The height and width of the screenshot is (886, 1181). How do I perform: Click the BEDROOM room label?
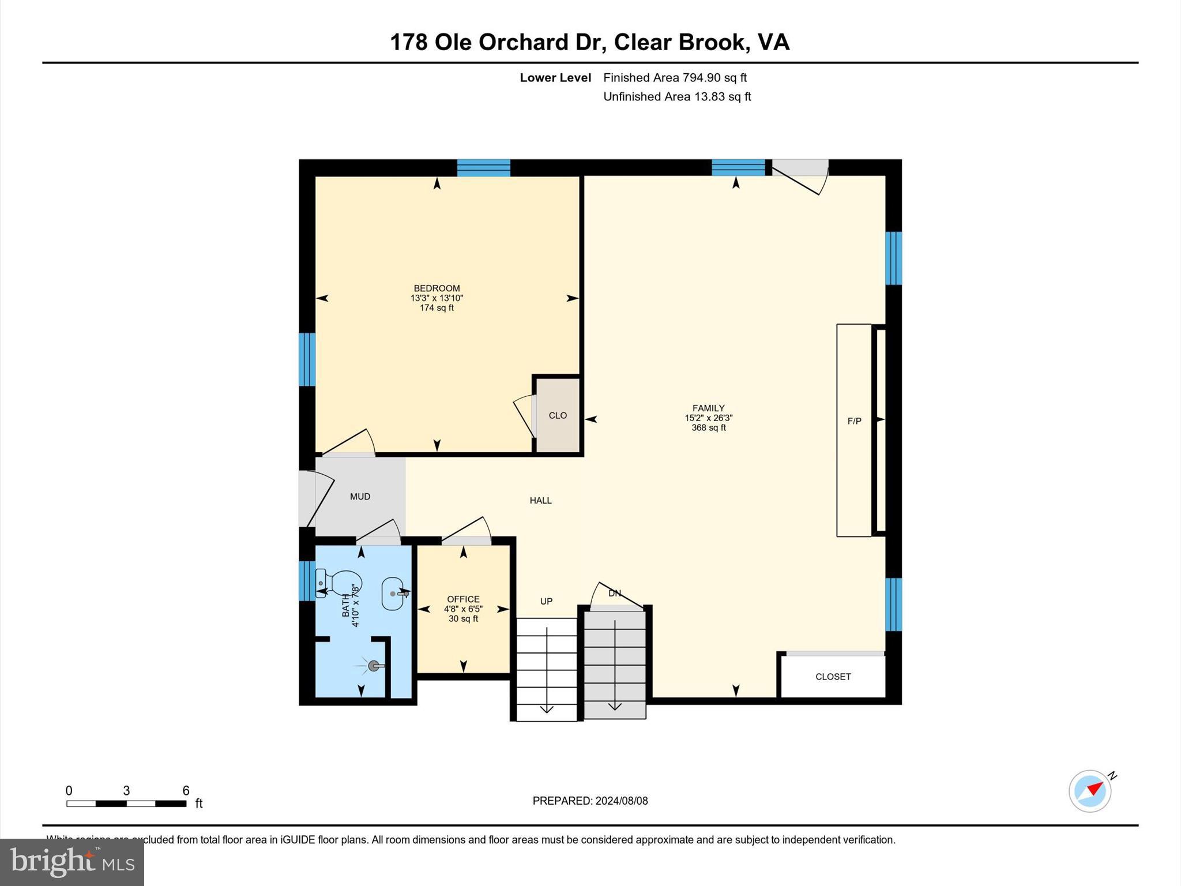[x=437, y=288]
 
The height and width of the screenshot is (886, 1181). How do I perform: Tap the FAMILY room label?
[x=708, y=408]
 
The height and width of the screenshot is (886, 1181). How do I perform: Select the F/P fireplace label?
[x=854, y=421]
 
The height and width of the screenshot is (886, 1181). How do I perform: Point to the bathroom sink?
[x=393, y=593]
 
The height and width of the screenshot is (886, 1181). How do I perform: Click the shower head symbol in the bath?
[x=374, y=666]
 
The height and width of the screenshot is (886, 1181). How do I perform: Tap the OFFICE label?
[x=463, y=599]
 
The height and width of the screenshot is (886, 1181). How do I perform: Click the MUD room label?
[x=360, y=497]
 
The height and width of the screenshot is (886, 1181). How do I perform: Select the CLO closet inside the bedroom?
[x=558, y=415]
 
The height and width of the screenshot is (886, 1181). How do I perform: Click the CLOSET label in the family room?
[x=833, y=677]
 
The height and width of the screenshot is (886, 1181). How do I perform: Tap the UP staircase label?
[x=546, y=601]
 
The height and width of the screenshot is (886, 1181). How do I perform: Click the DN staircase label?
[x=615, y=593]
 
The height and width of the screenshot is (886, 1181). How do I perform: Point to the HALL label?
[x=540, y=501]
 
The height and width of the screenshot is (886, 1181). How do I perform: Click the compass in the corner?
[x=1090, y=791]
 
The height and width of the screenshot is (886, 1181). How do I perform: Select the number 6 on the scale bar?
[x=186, y=791]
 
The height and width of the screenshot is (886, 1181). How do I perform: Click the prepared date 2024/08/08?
[x=622, y=801]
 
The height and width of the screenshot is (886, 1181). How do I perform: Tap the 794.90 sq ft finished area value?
[x=714, y=77]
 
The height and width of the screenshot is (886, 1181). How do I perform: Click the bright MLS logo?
[x=72, y=862]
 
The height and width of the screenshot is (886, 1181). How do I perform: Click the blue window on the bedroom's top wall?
[x=483, y=168]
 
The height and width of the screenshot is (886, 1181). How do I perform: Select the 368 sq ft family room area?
[x=709, y=427]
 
